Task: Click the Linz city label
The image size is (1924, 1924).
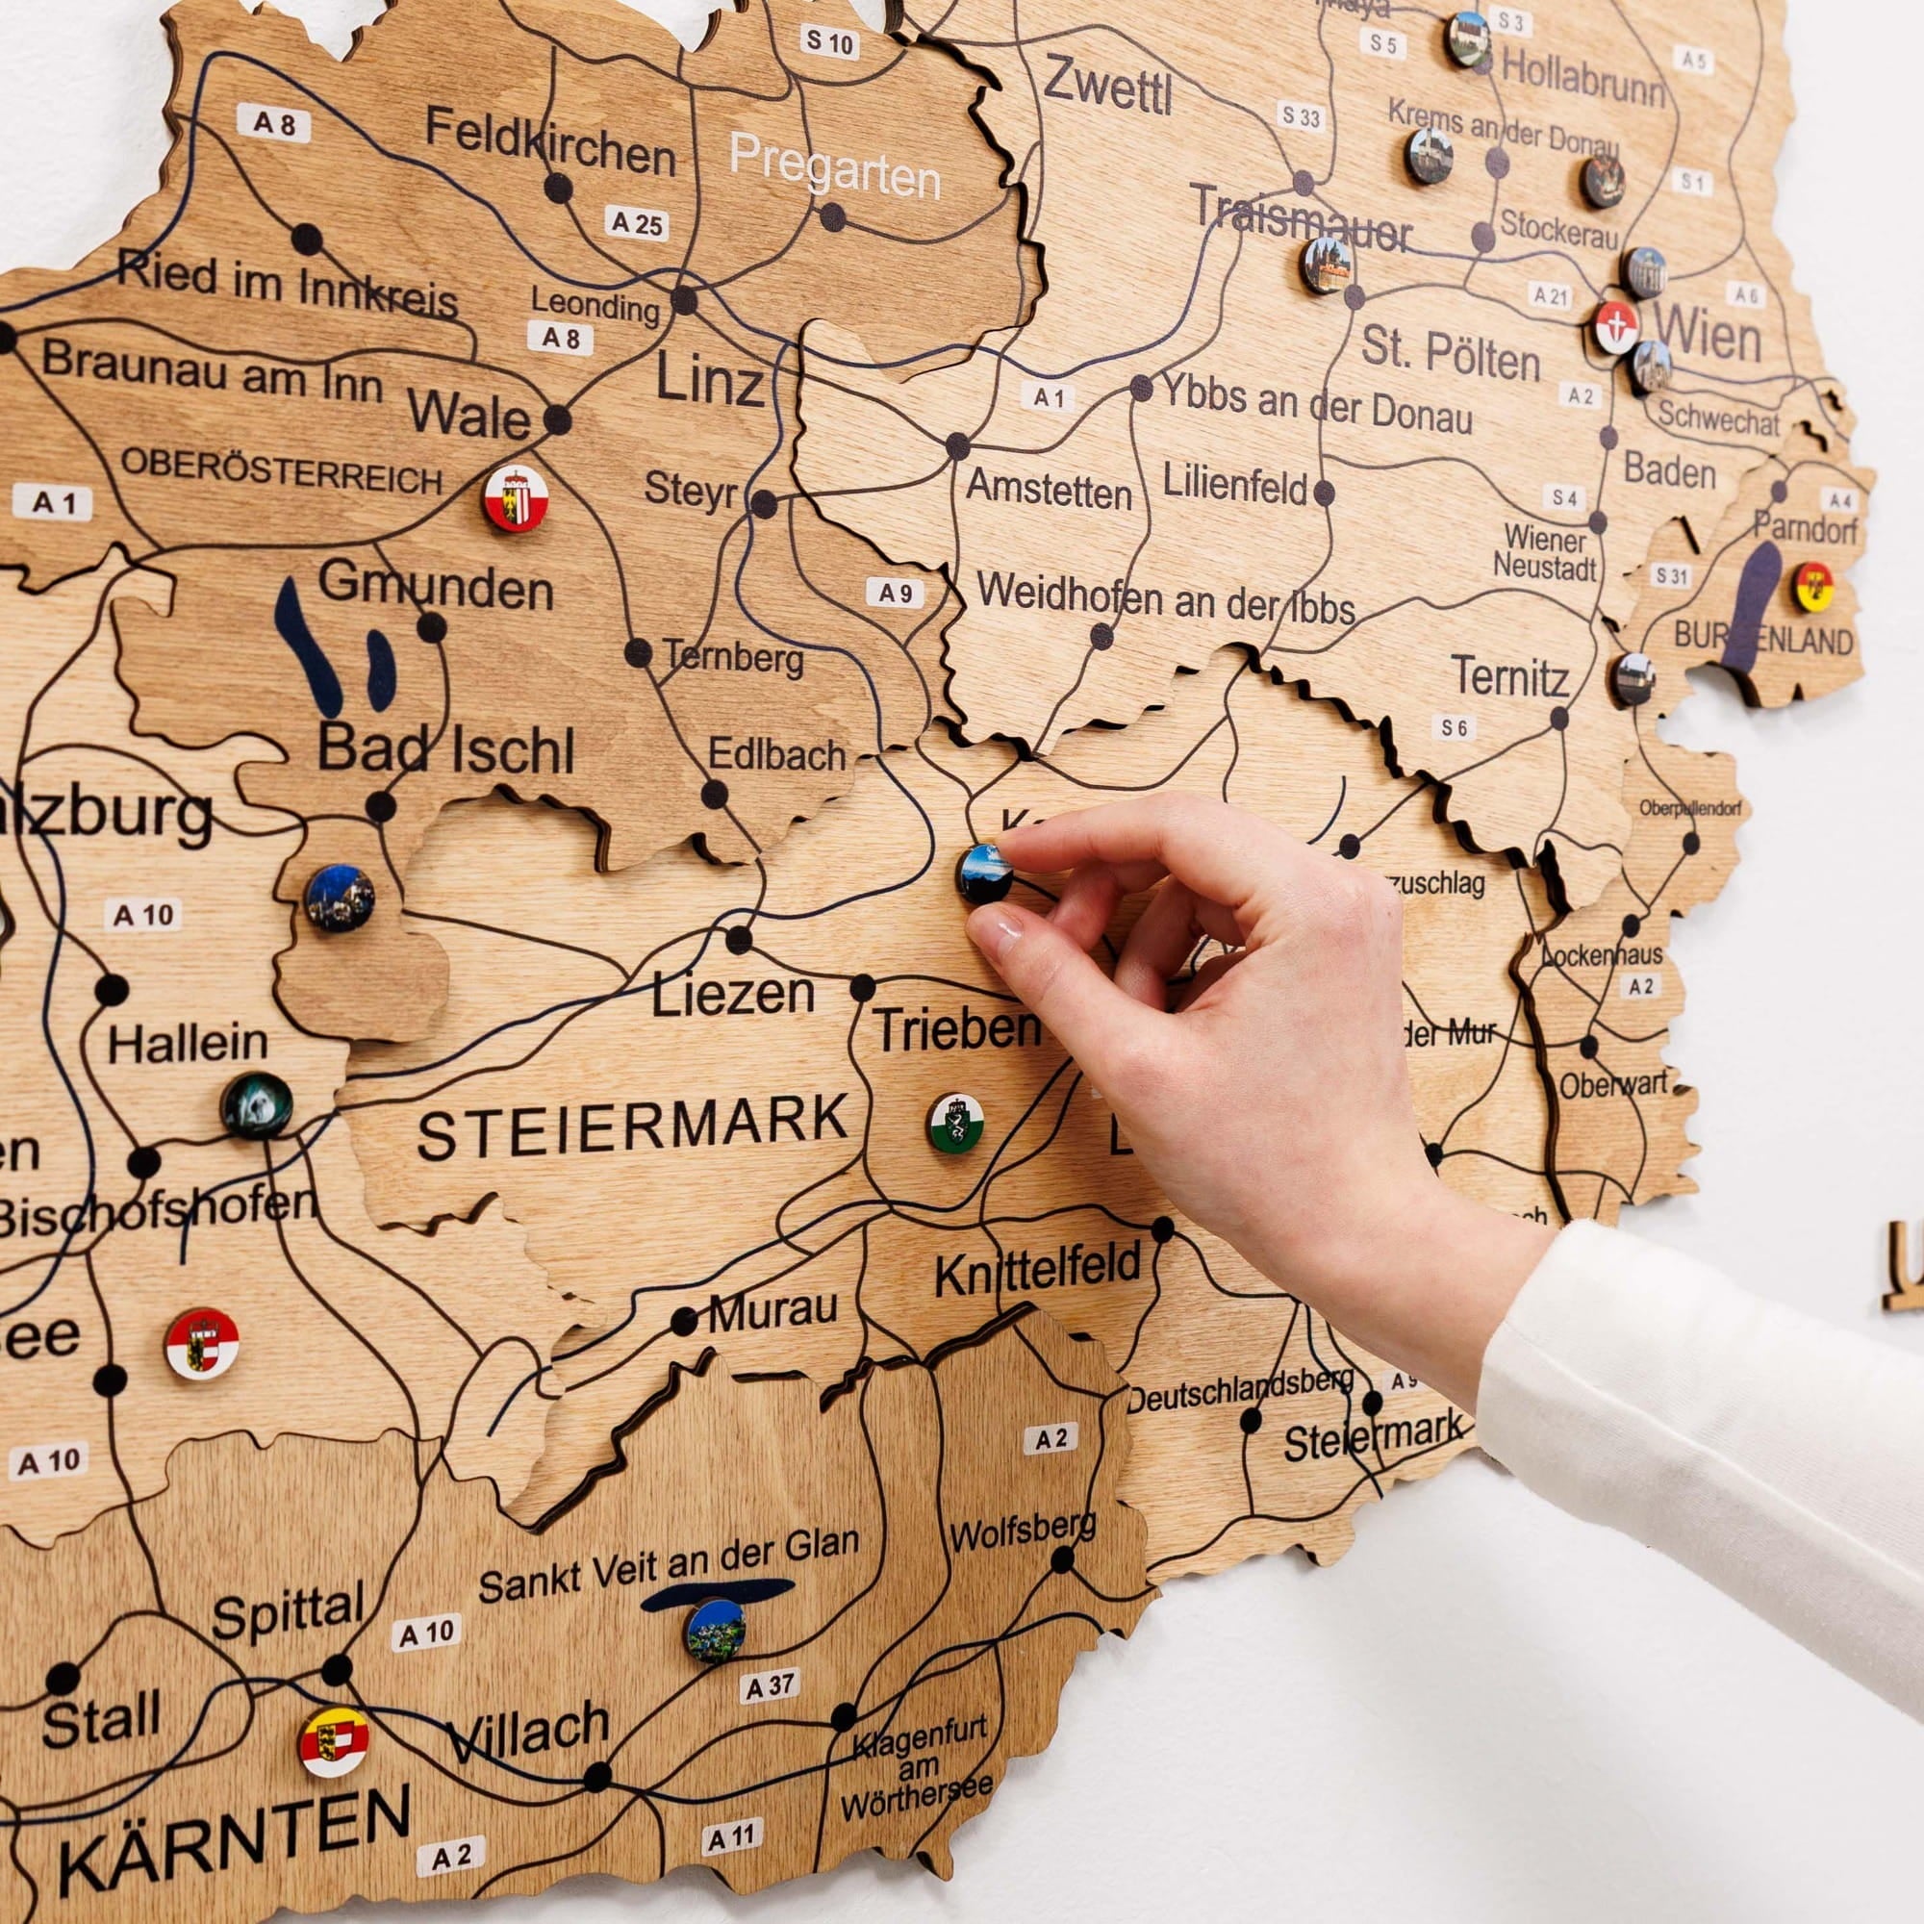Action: click(x=709, y=381)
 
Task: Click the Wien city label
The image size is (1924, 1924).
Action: click(x=1707, y=336)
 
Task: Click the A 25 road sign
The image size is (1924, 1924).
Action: click(x=636, y=224)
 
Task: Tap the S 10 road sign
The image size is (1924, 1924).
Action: click(x=828, y=43)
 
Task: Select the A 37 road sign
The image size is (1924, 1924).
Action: click(x=770, y=1686)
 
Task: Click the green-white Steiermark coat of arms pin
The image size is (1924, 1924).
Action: click(x=956, y=1123)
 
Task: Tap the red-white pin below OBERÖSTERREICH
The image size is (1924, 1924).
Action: click(x=515, y=499)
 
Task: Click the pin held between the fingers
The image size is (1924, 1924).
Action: click(x=984, y=873)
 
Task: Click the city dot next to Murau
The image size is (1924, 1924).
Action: click(x=684, y=1322)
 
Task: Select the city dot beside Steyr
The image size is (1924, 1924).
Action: click(x=764, y=504)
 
